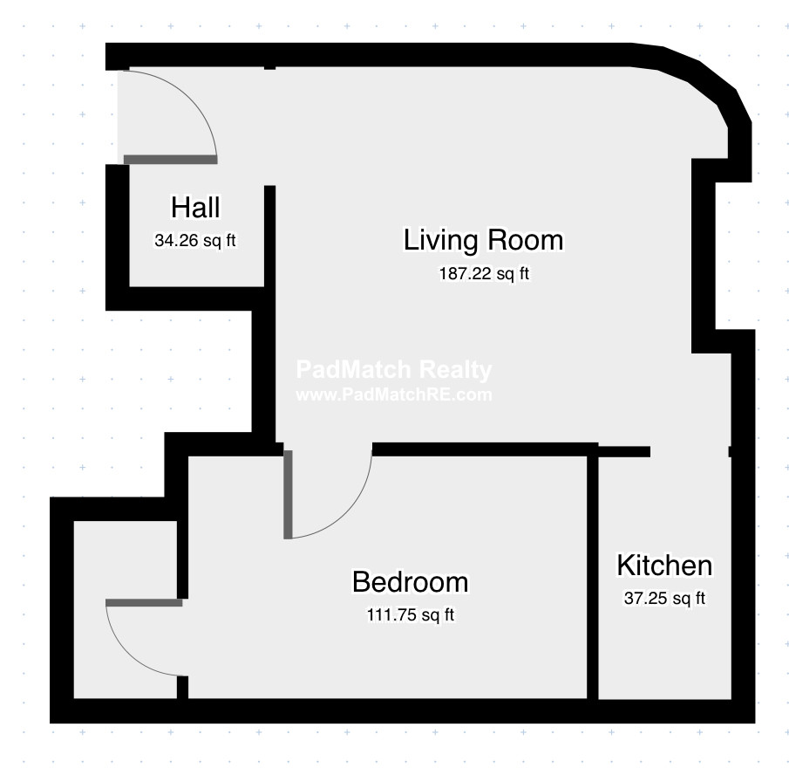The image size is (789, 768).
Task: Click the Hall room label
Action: point(195,207)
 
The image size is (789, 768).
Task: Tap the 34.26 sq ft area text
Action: point(195,241)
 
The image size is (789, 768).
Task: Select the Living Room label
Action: point(484,240)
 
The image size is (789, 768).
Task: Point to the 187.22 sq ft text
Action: point(484,273)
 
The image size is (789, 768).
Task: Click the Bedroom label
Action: point(410,581)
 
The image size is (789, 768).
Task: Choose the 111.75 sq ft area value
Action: point(411,615)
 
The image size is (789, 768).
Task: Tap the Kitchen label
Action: point(664,565)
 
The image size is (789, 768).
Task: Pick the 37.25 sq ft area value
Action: point(664,599)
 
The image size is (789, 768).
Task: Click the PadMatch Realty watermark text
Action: point(394,370)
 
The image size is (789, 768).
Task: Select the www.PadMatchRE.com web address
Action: point(394,394)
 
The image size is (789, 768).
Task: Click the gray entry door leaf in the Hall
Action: point(171,160)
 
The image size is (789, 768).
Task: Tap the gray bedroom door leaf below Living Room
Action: point(288,495)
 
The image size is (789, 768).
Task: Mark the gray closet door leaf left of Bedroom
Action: point(144,603)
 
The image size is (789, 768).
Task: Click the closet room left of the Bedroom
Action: point(126,609)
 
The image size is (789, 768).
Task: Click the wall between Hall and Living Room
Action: point(269,312)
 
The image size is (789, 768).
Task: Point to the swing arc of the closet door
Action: point(126,655)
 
